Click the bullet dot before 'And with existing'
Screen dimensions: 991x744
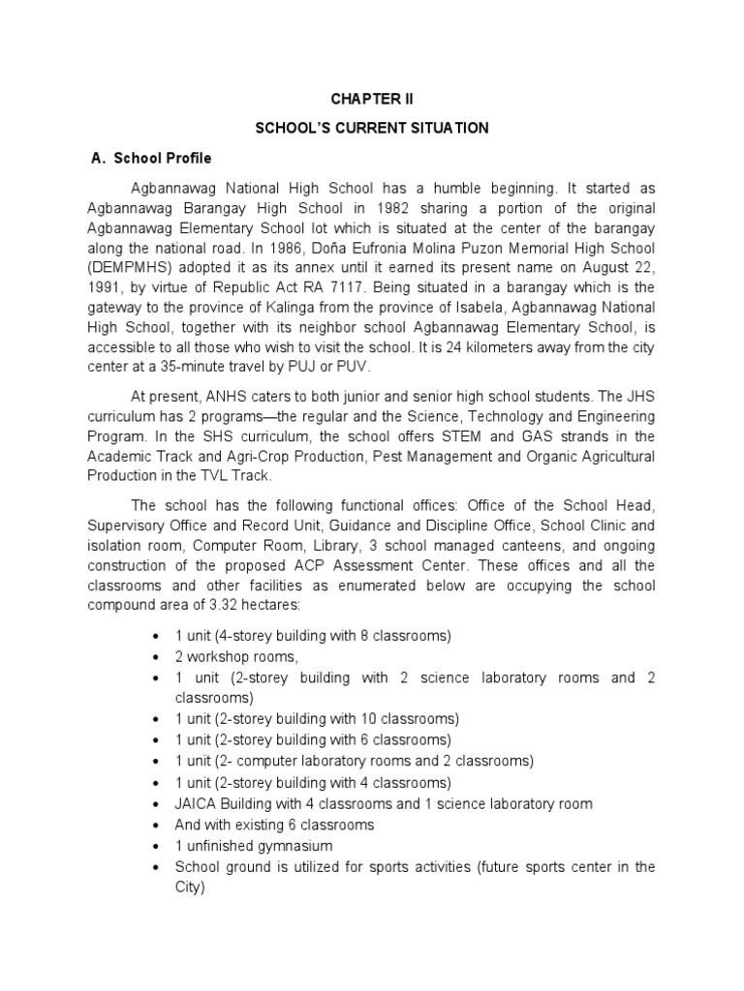[x=157, y=826]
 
